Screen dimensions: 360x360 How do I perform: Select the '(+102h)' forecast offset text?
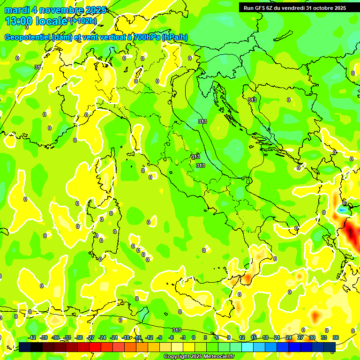tap(83, 21)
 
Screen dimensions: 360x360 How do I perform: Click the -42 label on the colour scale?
tap(32, 337)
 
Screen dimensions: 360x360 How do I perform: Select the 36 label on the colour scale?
tap(336, 337)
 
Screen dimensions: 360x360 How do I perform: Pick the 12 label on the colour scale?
tap(242, 337)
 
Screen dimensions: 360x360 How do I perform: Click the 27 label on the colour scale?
tap(300, 337)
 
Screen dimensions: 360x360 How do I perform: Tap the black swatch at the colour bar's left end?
tap(24, 347)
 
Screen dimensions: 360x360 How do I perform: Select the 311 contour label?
tap(38, 67)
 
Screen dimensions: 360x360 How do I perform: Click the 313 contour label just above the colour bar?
tap(177, 330)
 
